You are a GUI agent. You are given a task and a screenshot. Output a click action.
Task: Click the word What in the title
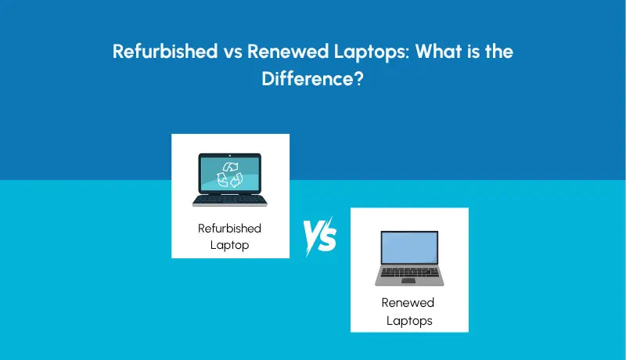point(439,52)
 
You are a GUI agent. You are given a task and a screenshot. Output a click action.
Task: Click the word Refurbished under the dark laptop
point(230,229)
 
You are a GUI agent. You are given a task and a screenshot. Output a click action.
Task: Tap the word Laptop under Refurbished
point(230,244)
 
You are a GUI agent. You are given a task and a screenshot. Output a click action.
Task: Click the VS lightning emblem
point(319,235)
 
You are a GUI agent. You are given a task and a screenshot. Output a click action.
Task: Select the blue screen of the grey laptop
point(409,249)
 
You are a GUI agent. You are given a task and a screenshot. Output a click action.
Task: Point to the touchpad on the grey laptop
point(409,280)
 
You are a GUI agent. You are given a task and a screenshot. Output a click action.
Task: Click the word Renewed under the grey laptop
point(408,303)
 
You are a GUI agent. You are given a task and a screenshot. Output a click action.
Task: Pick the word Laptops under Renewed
point(409,320)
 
